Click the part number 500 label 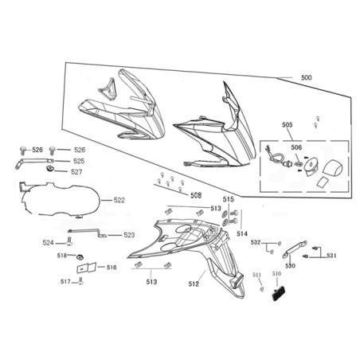coord(307,78)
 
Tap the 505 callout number coord(288,125)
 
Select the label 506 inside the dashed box coord(296,147)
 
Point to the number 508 coord(196,195)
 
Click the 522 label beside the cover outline coord(119,200)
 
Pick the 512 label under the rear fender coord(194,284)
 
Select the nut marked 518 coord(79,256)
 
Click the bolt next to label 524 coord(69,242)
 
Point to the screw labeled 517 coord(81,281)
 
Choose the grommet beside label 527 coord(49,169)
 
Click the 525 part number coord(79,161)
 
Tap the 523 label coord(129,235)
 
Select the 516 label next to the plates coord(112,268)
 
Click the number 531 coord(331,256)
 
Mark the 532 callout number coord(256,242)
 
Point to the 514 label coord(242,233)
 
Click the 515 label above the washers coord(229,199)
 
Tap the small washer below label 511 coord(261,289)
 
